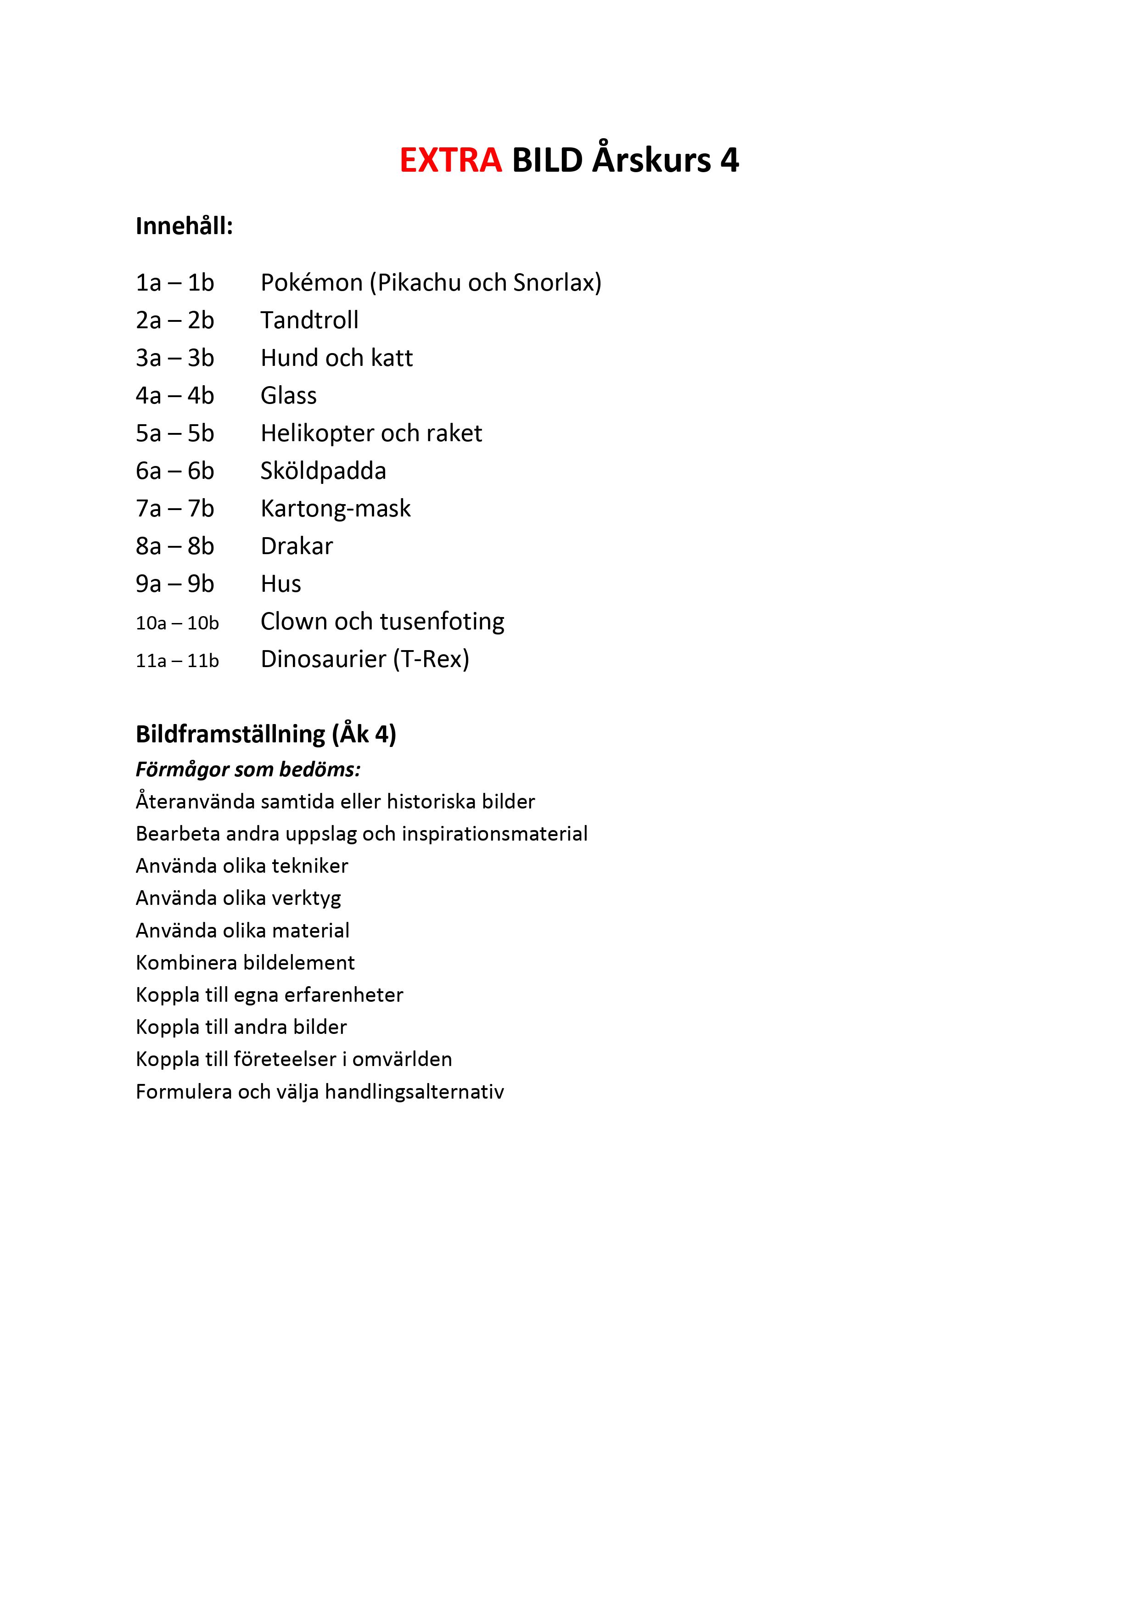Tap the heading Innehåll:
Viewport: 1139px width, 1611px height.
pos(184,226)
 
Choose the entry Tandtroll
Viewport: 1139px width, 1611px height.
pos(309,320)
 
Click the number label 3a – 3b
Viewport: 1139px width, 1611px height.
pos(175,358)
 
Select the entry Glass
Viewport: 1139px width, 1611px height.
pos(288,396)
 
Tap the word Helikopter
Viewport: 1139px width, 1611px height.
pos(317,433)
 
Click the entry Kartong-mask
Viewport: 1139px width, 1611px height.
pos(336,509)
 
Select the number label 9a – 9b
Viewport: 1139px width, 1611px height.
pos(175,584)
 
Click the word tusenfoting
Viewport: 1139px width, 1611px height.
pos(442,622)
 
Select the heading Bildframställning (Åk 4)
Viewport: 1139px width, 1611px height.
pos(266,734)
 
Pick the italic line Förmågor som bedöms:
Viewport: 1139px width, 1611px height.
pos(248,770)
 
